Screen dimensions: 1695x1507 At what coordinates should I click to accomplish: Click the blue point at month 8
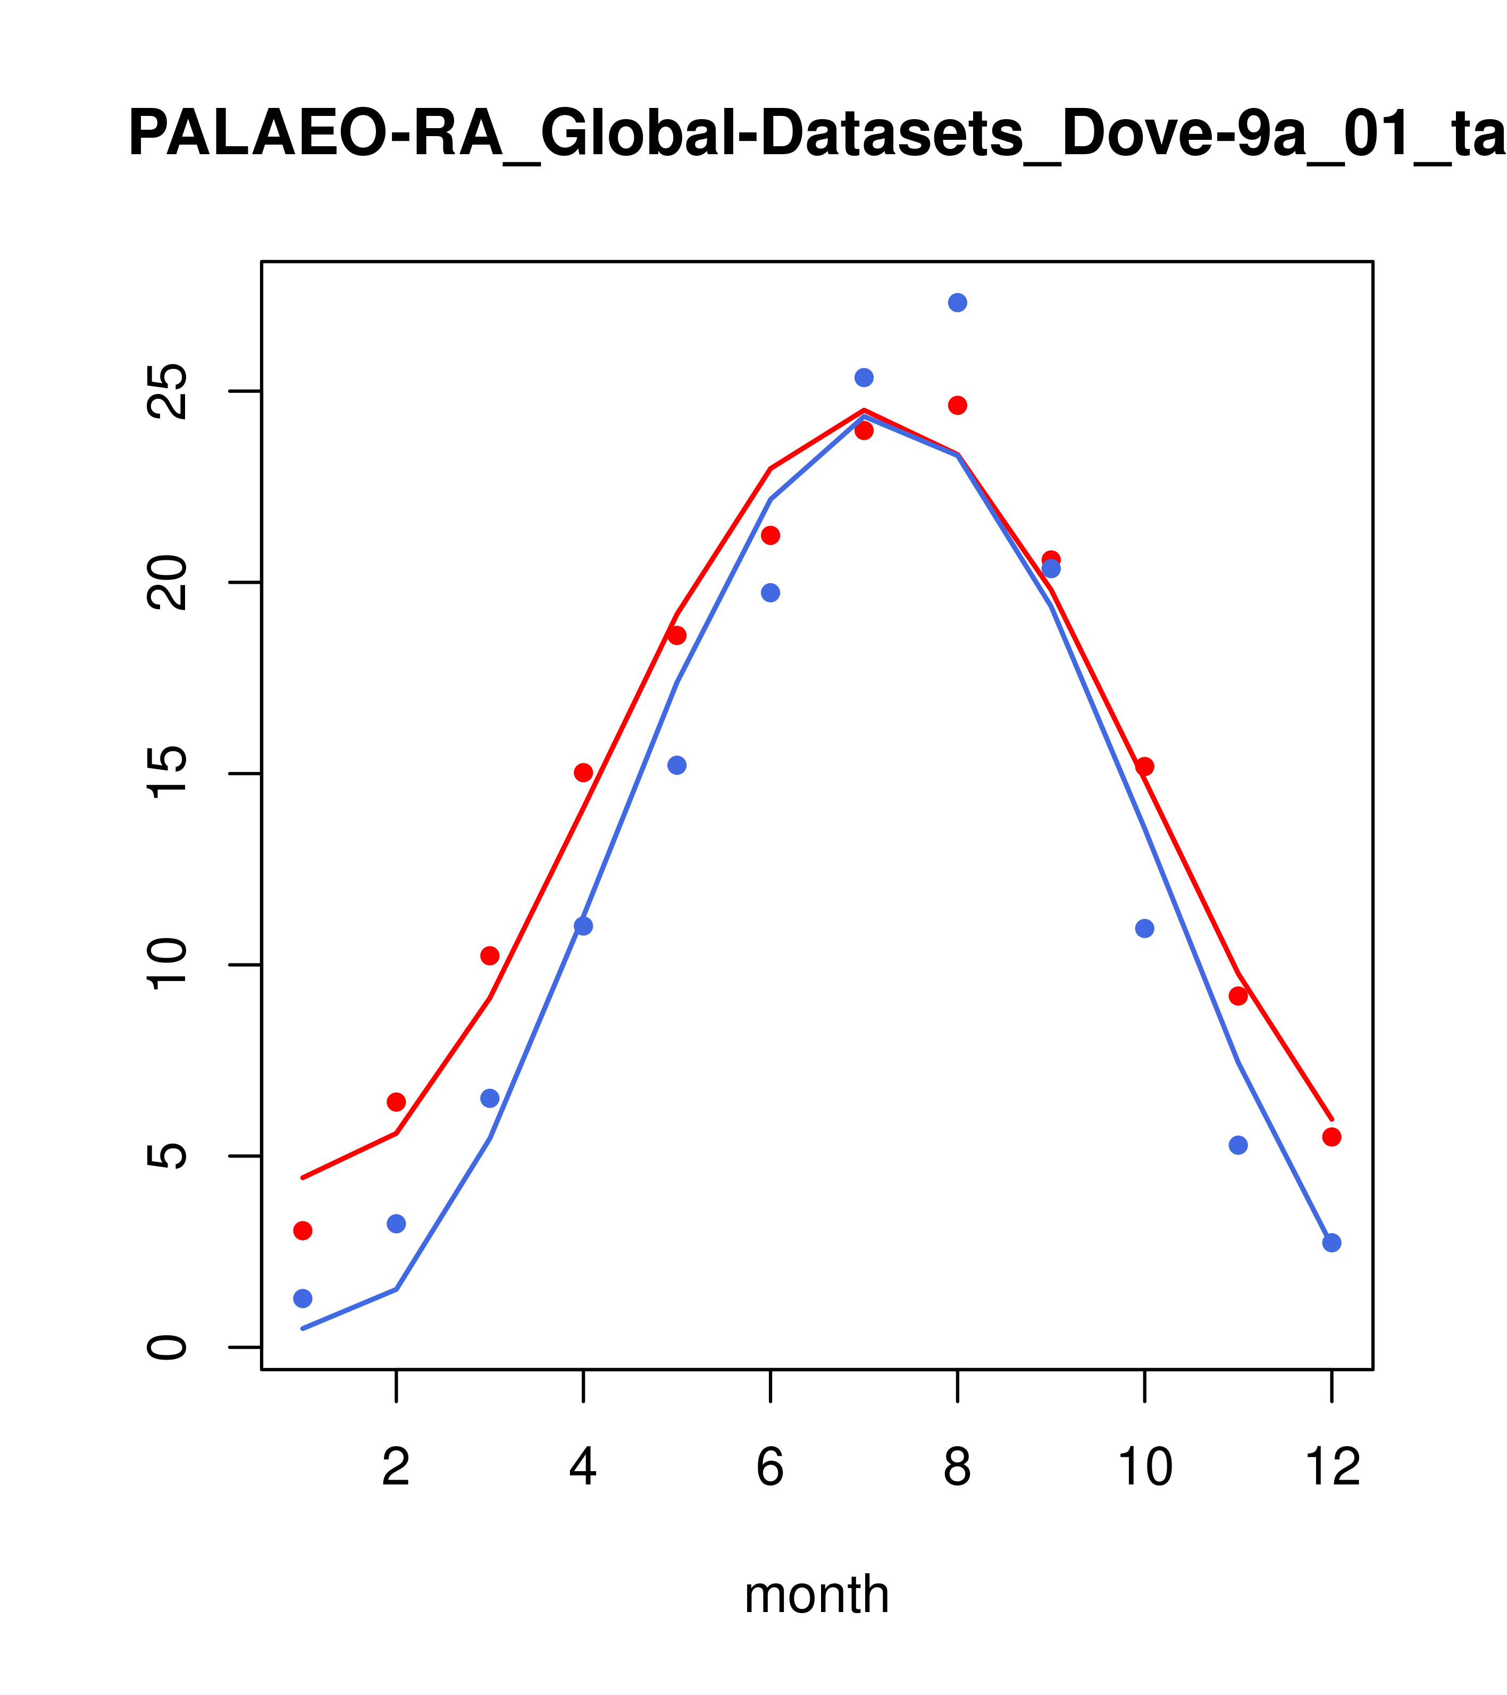tap(957, 303)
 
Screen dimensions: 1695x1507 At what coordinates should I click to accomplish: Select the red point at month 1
tap(303, 1231)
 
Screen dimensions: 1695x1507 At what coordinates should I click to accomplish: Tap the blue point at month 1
tap(303, 1298)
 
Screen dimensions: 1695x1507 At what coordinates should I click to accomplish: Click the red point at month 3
tap(489, 956)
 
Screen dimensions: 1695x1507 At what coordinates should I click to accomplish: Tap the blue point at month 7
tap(864, 377)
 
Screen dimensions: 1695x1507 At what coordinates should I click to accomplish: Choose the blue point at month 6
tap(771, 593)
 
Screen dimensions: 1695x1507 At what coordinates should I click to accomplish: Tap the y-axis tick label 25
tap(166, 391)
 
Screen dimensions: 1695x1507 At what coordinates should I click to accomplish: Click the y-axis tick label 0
tap(166, 1347)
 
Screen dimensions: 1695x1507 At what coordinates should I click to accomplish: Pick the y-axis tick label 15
tap(166, 774)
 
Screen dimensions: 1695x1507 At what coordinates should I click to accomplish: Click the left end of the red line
tap(303, 1178)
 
